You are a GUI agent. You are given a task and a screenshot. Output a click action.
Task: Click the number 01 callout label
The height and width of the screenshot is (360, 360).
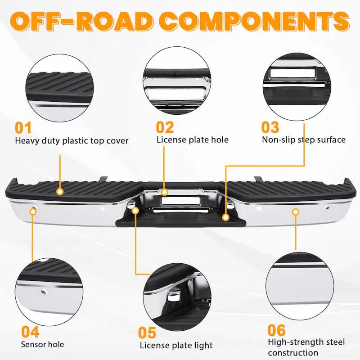[x=23, y=128]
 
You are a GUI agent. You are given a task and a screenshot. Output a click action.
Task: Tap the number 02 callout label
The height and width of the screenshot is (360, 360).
[x=165, y=127]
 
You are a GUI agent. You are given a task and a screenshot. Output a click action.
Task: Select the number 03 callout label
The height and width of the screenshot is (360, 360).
[x=270, y=127]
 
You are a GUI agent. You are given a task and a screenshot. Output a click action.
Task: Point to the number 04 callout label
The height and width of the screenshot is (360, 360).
[x=30, y=332]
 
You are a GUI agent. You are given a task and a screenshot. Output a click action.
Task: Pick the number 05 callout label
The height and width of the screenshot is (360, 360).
[x=147, y=333]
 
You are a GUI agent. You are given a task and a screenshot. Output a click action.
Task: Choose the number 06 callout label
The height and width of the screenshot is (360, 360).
[x=276, y=330]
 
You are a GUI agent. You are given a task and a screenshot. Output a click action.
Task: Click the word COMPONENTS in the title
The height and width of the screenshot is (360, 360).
[x=254, y=21]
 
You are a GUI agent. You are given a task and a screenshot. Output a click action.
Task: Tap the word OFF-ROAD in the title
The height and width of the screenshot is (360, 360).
[x=81, y=21]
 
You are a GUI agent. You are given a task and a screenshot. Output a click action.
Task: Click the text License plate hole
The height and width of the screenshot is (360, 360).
[x=193, y=140]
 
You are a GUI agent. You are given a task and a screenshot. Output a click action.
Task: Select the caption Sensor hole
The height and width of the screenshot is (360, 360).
[x=42, y=344]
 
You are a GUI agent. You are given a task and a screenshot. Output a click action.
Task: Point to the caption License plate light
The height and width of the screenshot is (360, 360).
[x=176, y=345]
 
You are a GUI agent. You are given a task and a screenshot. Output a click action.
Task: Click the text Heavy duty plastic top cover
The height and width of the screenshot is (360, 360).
[x=72, y=141]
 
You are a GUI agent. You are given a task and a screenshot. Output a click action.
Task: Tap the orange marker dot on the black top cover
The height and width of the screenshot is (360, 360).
[x=60, y=192]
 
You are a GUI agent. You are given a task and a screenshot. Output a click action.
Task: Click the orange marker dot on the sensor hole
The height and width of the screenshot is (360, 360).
[x=33, y=211]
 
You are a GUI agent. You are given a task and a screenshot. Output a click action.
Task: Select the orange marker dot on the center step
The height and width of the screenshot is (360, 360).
[x=226, y=217]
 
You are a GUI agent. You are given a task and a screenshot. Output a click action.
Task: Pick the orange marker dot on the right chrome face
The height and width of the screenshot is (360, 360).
[x=296, y=211]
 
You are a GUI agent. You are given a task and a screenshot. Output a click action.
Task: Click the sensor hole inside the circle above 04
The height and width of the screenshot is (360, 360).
[x=44, y=292]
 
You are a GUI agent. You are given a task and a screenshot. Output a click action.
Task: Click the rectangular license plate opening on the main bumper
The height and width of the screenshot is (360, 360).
[x=180, y=201]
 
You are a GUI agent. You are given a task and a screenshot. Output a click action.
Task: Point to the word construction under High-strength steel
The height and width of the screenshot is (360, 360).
[x=293, y=353]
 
